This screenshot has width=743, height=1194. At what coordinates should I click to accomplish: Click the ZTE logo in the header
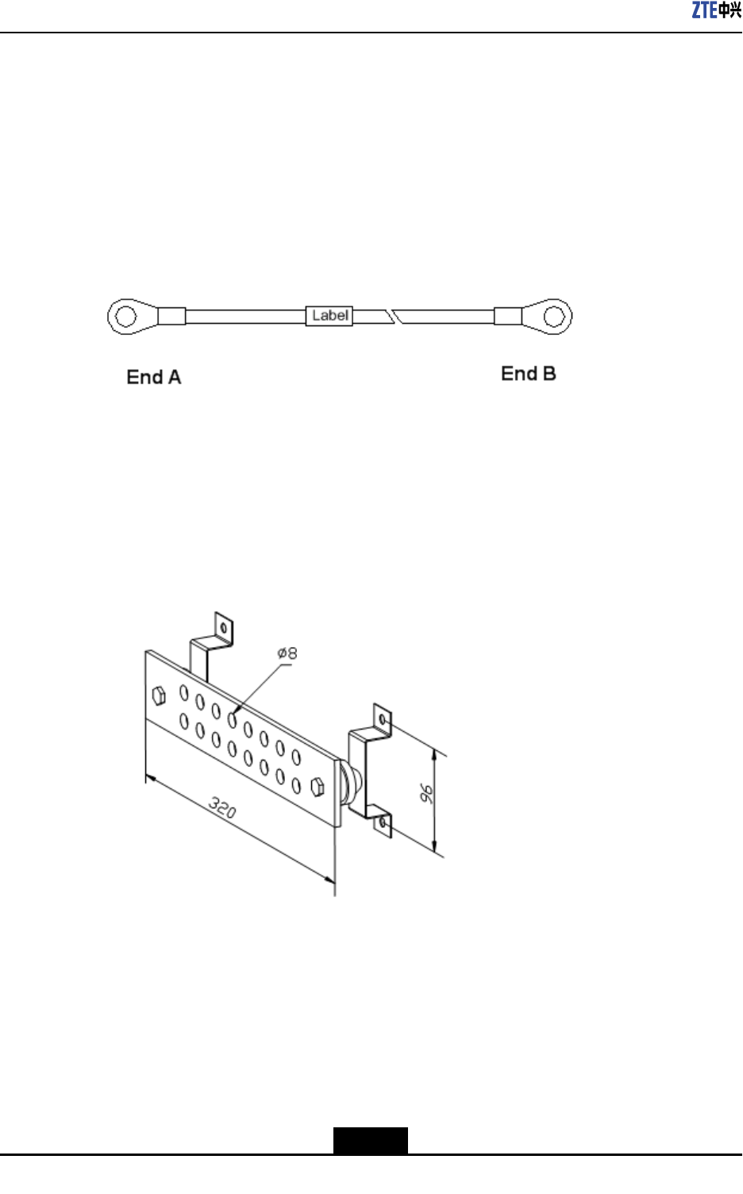tap(716, 10)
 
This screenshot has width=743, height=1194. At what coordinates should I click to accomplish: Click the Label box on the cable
tap(329, 316)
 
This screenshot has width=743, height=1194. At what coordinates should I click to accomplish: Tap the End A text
tap(154, 377)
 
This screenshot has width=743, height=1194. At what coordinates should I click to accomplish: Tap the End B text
tap(529, 374)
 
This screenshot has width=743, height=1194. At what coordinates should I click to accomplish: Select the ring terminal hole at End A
tap(125, 316)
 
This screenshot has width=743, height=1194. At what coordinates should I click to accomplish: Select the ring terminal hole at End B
tap(555, 316)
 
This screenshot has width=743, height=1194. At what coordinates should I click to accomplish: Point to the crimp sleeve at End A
tap(171, 316)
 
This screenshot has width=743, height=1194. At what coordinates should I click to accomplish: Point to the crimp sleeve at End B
tap(508, 316)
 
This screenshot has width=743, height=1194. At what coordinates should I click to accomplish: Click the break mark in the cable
tap(394, 316)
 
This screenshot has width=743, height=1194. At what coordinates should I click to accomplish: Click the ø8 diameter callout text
tap(287, 653)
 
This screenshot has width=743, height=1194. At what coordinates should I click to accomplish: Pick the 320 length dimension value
tap(223, 808)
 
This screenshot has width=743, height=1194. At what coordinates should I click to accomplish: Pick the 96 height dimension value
tap(427, 793)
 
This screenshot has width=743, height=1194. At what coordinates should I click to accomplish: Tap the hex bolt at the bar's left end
tap(159, 696)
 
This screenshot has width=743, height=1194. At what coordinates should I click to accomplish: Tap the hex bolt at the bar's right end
tap(318, 786)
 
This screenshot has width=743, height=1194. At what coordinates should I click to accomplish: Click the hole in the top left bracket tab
tap(224, 629)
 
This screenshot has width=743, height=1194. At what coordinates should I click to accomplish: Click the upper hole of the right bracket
tap(383, 721)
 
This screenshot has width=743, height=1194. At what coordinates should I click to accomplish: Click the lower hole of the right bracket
tap(383, 823)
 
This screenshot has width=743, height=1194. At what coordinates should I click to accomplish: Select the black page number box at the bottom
tap(371, 1141)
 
